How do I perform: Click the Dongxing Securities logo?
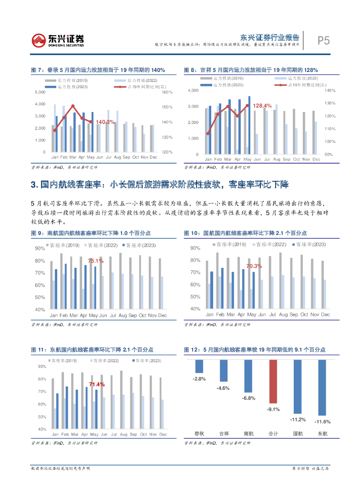[x=58, y=40]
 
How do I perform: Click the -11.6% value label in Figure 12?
[x=322, y=422]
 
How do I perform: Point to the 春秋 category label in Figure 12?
[x=199, y=433]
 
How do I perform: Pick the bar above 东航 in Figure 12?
[x=322, y=387]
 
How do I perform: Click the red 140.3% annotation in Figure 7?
[x=105, y=122]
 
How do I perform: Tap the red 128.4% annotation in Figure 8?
[x=262, y=105]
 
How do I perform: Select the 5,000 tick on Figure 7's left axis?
[x=41, y=92]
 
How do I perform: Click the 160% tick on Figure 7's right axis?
[x=167, y=92]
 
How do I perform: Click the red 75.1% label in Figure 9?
[x=95, y=261]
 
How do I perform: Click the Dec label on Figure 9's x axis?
[x=163, y=315]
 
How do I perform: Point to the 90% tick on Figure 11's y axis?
[x=42, y=366]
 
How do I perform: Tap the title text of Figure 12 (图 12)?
[x=255, y=350]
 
